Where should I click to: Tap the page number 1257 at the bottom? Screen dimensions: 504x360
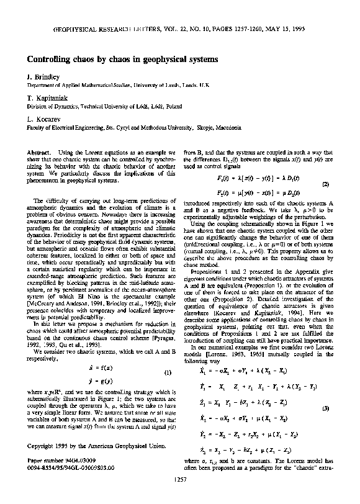(x=179, y=497)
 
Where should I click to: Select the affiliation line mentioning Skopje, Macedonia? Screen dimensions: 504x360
(x=128, y=126)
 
